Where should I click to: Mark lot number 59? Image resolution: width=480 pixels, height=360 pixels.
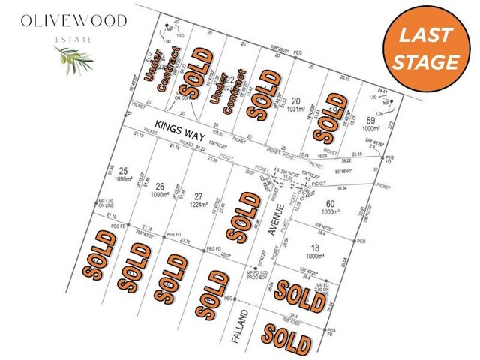pyautogui.click(x=370, y=121)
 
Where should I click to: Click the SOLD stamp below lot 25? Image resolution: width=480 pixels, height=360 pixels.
pyautogui.click(x=100, y=255)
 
